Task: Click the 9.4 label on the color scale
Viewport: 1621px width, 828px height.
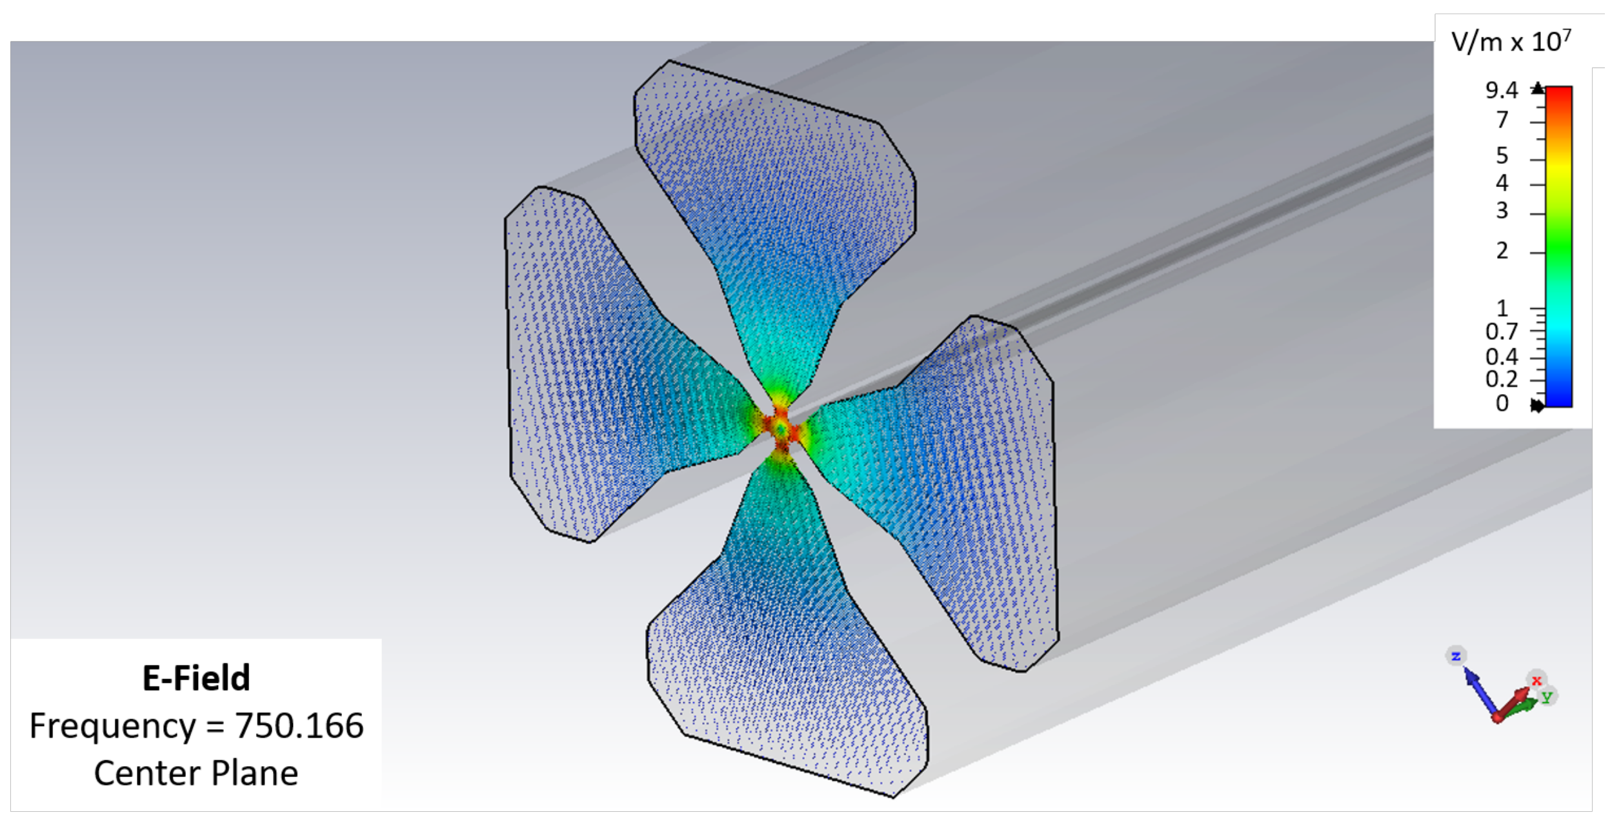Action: click(1501, 90)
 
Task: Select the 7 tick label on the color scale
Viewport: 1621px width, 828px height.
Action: click(1502, 120)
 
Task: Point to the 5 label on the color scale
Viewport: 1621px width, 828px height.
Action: click(1502, 155)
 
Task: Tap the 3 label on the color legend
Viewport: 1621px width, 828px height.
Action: click(1502, 211)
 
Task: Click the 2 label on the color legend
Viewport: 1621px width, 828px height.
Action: click(1502, 251)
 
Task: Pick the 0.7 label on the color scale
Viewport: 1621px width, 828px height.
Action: click(1501, 332)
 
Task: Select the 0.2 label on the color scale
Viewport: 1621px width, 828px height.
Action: click(1501, 380)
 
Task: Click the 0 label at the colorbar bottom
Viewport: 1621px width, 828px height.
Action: click(1502, 404)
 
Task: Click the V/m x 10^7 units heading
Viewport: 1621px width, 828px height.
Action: click(1511, 43)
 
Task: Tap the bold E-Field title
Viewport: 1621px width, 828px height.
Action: click(196, 678)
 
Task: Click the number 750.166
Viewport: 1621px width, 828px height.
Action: click(299, 726)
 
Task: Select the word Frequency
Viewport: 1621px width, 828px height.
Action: click(112, 726)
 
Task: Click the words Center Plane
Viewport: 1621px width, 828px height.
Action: click(196, 773)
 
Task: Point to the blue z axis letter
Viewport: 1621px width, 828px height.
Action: click(1456, 656)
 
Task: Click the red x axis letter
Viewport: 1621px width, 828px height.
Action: click(1536, 681)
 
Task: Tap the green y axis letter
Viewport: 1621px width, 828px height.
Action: click(1546, 696)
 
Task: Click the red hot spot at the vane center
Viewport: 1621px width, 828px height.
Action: click(781, 428)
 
